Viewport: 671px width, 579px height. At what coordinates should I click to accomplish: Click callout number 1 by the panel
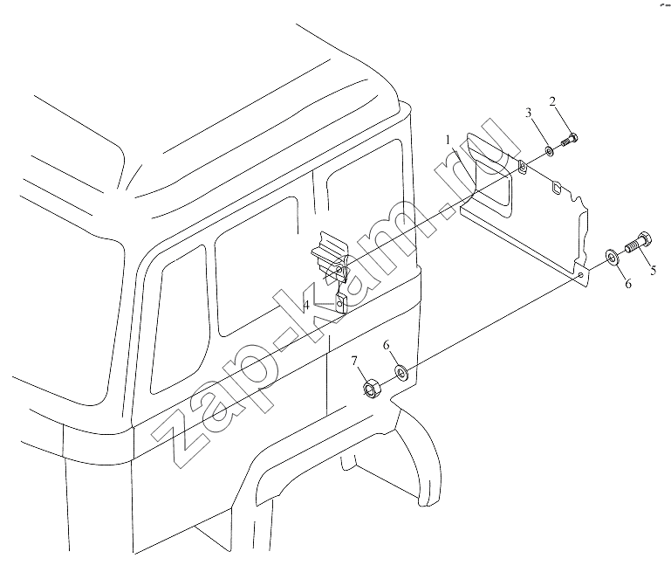point(448,141)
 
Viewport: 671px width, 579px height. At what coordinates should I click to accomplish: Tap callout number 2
point(552,101)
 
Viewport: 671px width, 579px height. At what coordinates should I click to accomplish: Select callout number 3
point(529,113)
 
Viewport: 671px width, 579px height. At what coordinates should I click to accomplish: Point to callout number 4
point(306,306)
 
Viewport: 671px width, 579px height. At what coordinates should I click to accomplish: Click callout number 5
point(653,270)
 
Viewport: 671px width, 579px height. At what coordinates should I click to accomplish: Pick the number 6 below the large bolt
point(628,284)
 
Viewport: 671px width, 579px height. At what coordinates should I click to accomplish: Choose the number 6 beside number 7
point(387,345)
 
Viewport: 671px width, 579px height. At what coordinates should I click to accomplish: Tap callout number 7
point(354,362)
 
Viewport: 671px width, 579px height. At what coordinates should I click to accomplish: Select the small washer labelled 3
point(549,151)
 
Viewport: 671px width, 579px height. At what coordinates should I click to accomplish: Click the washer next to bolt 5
point(611,257)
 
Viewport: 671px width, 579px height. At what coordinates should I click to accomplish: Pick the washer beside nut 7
point(401,373)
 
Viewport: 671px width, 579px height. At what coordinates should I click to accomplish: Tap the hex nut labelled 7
point(370,387)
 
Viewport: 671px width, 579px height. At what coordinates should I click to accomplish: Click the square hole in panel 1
point(557,188)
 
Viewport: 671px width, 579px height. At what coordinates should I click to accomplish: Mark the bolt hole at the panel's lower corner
point(580,274)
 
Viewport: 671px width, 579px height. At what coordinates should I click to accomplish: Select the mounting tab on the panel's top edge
point(522,167)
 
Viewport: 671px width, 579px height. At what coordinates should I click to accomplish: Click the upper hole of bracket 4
point(339,270)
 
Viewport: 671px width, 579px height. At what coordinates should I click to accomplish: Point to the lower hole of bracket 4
point(340,303)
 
